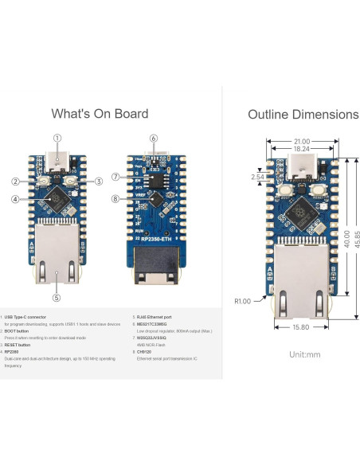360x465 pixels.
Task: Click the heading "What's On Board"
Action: click(x=99, y=114)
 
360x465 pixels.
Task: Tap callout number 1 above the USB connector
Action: click(x=57, y=137)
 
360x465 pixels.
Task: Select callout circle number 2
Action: click(x=14, y=182)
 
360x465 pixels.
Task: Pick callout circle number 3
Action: click(x=99, y=182)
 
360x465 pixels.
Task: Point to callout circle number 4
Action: click(x=14, y=199)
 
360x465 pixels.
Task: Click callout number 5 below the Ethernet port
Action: click(x=57, y=298)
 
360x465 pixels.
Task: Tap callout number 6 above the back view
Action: click(x=153, y=137)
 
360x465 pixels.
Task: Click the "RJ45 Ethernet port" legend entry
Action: click(x=158, y=317)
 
